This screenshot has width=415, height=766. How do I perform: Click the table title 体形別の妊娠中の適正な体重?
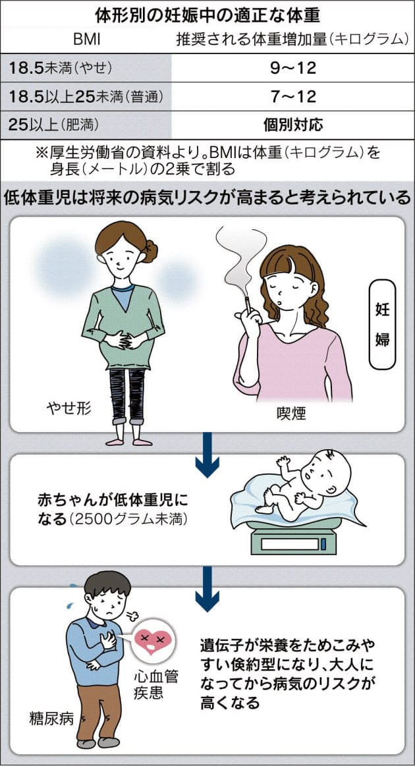coord(207,16)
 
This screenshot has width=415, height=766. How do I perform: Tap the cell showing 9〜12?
coord(293,68)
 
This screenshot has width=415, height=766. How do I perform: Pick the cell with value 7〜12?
coord(293,96)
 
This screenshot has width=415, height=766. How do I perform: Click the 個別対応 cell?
coord(293,124)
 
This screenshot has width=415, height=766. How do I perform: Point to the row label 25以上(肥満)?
coord(53,124)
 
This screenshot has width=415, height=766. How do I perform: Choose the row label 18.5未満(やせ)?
coord(60,68)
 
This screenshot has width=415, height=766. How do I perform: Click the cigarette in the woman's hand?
coord(248,304)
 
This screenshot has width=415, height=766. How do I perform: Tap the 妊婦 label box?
coord(383,324)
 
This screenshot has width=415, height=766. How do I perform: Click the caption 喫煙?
coord(291,414)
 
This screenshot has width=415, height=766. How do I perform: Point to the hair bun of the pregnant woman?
coord(150,250)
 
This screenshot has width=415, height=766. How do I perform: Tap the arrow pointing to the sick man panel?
coord(207,589)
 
